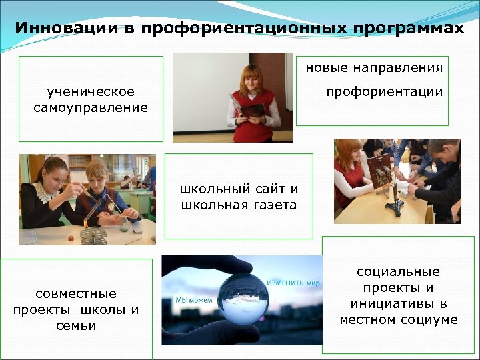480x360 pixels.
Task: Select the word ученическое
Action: tap(91, 91)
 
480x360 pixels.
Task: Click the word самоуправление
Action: tap(91, 107)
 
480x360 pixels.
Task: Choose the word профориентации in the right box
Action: tap(385, 91)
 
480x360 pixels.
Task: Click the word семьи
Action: tap(75, 325)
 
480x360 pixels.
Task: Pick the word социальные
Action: tap(399, 271)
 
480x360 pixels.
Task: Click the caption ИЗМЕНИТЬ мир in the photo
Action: tap(294, 283)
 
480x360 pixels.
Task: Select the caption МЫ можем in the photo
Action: tap(194, 300)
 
